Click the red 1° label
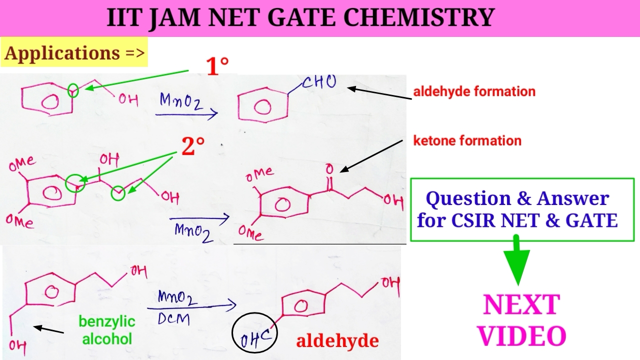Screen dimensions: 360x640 click(217, 66)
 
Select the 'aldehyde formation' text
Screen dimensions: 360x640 click(474, 91)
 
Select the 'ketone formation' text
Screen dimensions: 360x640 click(467, 140)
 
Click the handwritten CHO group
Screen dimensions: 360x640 click(319, 82)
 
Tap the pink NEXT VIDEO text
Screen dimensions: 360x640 click(521, 320)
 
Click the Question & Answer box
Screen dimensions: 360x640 click(521, 209)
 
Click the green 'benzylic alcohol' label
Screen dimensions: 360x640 click(106, 330)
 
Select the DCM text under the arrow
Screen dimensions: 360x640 click(173, 318)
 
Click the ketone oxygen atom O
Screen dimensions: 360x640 click(328, 169)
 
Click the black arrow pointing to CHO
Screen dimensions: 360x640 click(380, 93)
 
